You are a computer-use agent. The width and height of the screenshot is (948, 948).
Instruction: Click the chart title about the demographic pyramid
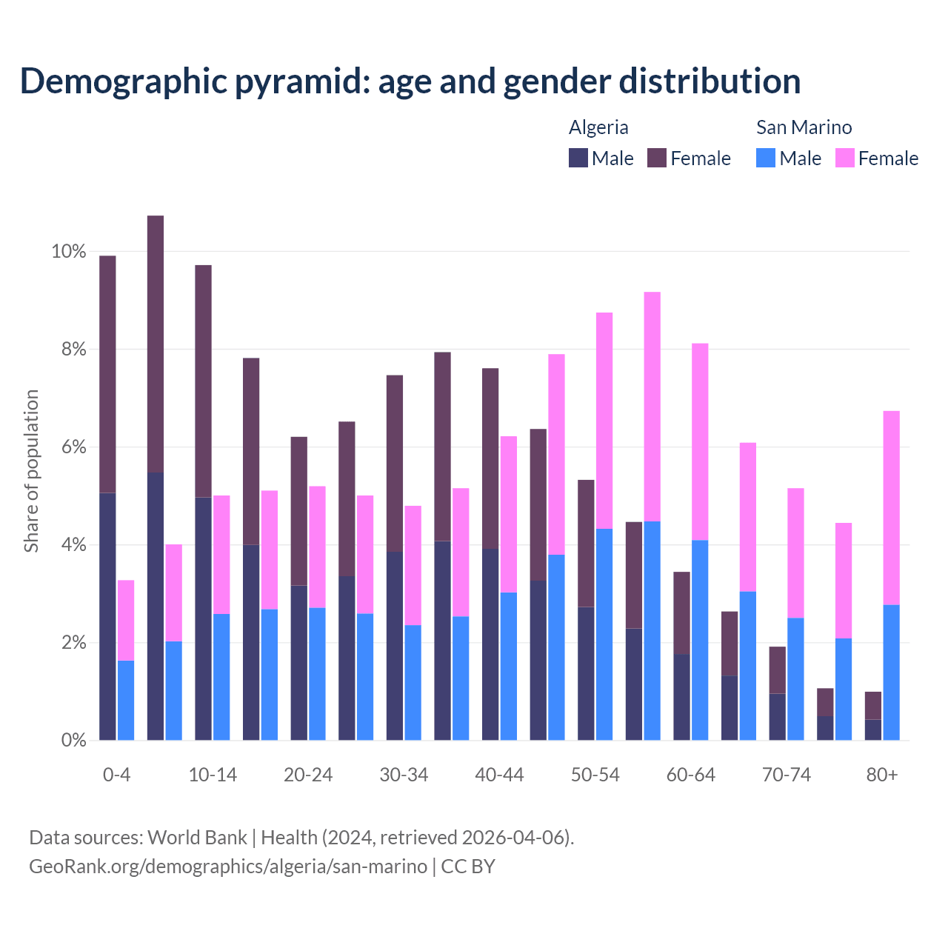tap(410, 81)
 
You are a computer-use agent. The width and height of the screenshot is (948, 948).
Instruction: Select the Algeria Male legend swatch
tap(578, 158)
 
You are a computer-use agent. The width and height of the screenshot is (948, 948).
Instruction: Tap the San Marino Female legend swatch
tap(844, 158)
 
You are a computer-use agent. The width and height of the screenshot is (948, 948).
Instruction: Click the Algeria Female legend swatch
tap(657, 158)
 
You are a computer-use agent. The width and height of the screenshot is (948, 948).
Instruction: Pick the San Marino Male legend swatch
tap(766, 158)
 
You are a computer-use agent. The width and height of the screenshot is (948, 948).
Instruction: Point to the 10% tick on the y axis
tap(68, 252)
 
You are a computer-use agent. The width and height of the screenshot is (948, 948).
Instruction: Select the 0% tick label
tap(73, 740)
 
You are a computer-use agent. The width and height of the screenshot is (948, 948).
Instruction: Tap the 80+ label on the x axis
tap(882, 775)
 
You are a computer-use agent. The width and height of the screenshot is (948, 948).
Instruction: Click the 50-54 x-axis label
tap(595, 775)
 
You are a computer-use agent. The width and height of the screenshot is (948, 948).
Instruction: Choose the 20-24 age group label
tap(308, 775)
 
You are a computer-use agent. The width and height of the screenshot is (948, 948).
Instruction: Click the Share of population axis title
tap(31, 471)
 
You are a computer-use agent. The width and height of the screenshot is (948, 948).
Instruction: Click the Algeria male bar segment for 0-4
tap(107, 616)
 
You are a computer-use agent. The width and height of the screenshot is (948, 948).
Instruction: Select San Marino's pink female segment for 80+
tap(892, 507)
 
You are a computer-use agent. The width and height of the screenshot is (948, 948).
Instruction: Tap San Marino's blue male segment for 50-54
tap(604, 634)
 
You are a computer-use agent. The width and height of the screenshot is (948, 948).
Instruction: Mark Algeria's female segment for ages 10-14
tap(203, 381)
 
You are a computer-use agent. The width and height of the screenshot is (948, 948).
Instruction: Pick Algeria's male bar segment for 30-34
tap(395, 646)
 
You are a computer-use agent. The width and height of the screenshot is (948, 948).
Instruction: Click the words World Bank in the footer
tap(197, 838)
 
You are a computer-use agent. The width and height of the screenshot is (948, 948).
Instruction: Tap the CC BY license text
tap(468, 867)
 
